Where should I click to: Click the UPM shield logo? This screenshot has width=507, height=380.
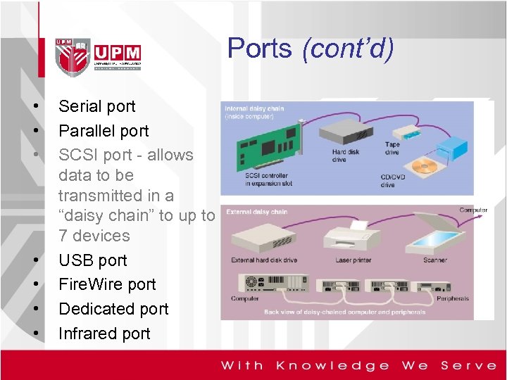click(73, 55)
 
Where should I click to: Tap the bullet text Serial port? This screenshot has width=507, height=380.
click(97, 106)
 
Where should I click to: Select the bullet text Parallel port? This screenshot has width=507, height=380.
click(104, 131)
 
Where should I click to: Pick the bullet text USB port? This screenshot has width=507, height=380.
click(92, 260)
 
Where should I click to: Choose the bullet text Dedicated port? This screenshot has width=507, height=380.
click(113, 309)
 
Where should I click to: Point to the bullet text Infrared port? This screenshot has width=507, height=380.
click(104, 334)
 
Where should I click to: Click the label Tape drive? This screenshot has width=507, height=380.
click(392, 148)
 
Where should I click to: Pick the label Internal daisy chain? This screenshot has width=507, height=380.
click(254, 108)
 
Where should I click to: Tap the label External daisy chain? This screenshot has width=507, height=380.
click(257, 211)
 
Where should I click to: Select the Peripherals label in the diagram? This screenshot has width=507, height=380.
click(452, 298)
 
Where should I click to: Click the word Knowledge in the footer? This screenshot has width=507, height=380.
click(332, 365)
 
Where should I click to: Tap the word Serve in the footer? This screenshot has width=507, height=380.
click(468, 365)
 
